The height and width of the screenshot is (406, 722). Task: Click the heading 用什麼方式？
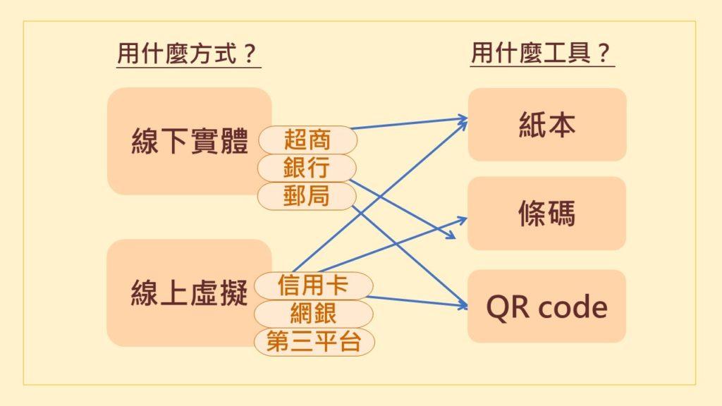pyautogui.click(x=188, y=54)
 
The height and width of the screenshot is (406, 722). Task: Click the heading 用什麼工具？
pyautogui.click(x=542, y=52)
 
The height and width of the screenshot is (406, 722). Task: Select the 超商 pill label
pyautogui.click(x=307, y=140)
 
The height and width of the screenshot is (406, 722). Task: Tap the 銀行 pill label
pyautogui.click(x=307, y=168)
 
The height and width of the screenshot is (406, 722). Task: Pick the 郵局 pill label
pyautogui.click(x=307, y=196)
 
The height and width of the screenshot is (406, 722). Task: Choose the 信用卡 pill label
pyautogui.click(x=313, y=285)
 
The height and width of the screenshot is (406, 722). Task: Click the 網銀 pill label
pyautogui.click(x=313, y=314)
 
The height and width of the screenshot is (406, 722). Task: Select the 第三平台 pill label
pyautogui.click(x=314, y=342)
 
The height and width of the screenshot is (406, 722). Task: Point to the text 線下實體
pyautogui.click(x=190, y=141)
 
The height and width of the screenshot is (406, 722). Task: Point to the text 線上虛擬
pyautogui.click(x=189, y=293)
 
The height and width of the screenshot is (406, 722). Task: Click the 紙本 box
pyautogui.click(x=547, y=125)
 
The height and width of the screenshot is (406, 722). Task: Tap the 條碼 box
pyautogui.click(x=546, y=213)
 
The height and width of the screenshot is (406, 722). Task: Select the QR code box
pyautogui.click(x=546, y=306)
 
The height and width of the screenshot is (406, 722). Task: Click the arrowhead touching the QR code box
pyautogui.click(x=463, y=304)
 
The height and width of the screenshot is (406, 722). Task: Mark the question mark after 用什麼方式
pyautogui.click(x=250, y=54)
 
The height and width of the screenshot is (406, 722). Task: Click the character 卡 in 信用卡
pyautogui.click(x=337, y=285)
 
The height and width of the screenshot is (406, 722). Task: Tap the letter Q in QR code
pyautogui.click(x=497, y=307)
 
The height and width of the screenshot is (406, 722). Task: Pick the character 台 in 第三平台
pyautogui.click(x=350, y=342)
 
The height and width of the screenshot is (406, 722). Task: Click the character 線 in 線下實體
pyautogui.click(x=145, y=141)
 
